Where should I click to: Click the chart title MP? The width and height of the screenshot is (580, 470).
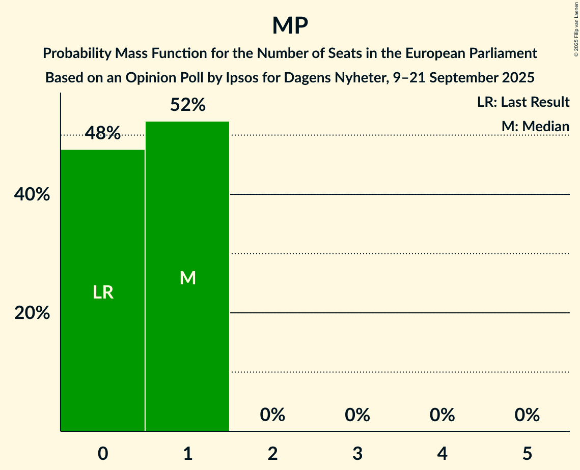click(x=290, y=25)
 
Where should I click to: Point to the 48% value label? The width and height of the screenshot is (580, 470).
click(x=103, y=134)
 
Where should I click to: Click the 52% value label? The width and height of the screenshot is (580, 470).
click(x=188, y=105)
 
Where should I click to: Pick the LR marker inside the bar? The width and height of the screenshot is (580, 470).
click(x=103, y=292)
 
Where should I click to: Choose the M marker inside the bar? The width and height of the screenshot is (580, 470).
click(x=188, y=278)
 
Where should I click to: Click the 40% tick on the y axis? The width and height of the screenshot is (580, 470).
click(x=32, y=195)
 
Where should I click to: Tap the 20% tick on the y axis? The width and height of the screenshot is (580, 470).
click(x=32, y=313)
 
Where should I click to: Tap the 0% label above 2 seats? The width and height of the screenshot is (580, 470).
click(x=272, y=415)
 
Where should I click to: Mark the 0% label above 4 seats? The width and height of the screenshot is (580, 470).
click(x=442, y=415)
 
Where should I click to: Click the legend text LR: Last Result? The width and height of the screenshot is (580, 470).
click(x=523, y=102)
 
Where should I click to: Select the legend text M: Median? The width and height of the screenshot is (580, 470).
click(x=535, y=126)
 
